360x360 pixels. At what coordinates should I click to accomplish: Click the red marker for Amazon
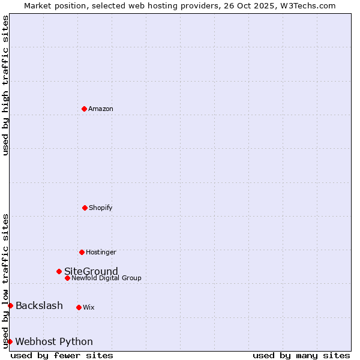[x=84, y=109]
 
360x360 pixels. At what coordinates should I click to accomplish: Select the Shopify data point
[x=85, y=208]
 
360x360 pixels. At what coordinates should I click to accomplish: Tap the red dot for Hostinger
[x=82, y=252]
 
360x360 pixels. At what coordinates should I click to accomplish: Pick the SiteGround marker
[x=59, y=271]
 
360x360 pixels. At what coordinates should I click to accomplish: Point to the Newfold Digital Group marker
[x=67, y=278]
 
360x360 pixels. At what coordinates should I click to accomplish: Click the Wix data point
[x=79, y=307]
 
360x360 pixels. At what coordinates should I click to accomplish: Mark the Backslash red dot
[x=10, y=306]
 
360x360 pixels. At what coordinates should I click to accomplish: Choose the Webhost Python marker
[x=10, y=341]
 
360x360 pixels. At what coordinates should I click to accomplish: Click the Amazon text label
[x=101, y=109]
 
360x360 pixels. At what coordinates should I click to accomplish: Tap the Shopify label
[x=101, y=208]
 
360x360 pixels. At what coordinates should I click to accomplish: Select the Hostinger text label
[x=101, y=252]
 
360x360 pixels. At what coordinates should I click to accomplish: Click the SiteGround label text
[x=91, y=271]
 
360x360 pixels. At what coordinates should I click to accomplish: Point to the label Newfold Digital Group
[x=107, y=278]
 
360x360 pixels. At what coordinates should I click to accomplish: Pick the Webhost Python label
[x=54, y=341]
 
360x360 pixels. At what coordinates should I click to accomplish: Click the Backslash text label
[x=39, y=306]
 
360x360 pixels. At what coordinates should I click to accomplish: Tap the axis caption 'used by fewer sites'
[x=62, y=355]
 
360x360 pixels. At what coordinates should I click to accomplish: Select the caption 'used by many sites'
[x=301, y=355]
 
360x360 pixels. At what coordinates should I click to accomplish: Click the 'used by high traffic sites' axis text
[x=5, y=85]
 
